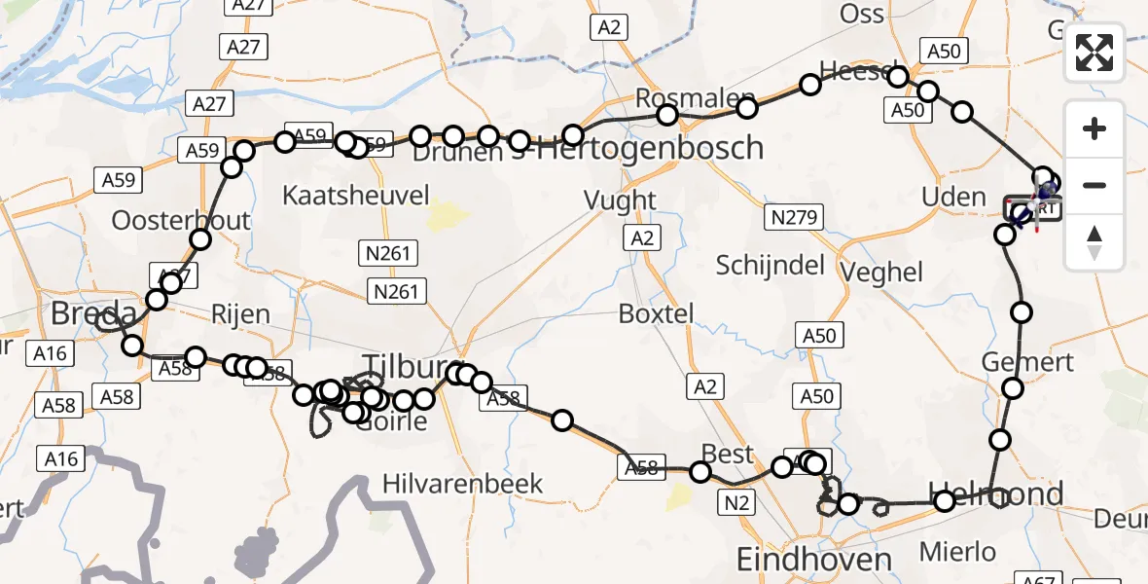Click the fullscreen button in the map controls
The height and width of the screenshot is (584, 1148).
[1094, 52]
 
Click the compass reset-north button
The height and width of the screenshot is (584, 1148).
[1094, 242]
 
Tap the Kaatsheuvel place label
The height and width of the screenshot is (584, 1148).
[355, 196]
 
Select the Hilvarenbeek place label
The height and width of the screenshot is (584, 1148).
[462, 484]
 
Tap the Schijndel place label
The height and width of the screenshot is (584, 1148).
[770, 265]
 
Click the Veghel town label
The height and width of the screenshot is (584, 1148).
[883, 272]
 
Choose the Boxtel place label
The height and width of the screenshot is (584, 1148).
[657, 314]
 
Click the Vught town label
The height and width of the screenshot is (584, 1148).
[620, 201]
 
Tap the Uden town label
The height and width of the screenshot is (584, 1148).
[953, 198]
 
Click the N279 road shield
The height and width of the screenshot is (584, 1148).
[794, 217]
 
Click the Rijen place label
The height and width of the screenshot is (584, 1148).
[240, 314]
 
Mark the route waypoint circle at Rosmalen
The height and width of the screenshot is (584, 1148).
[667, 116]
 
